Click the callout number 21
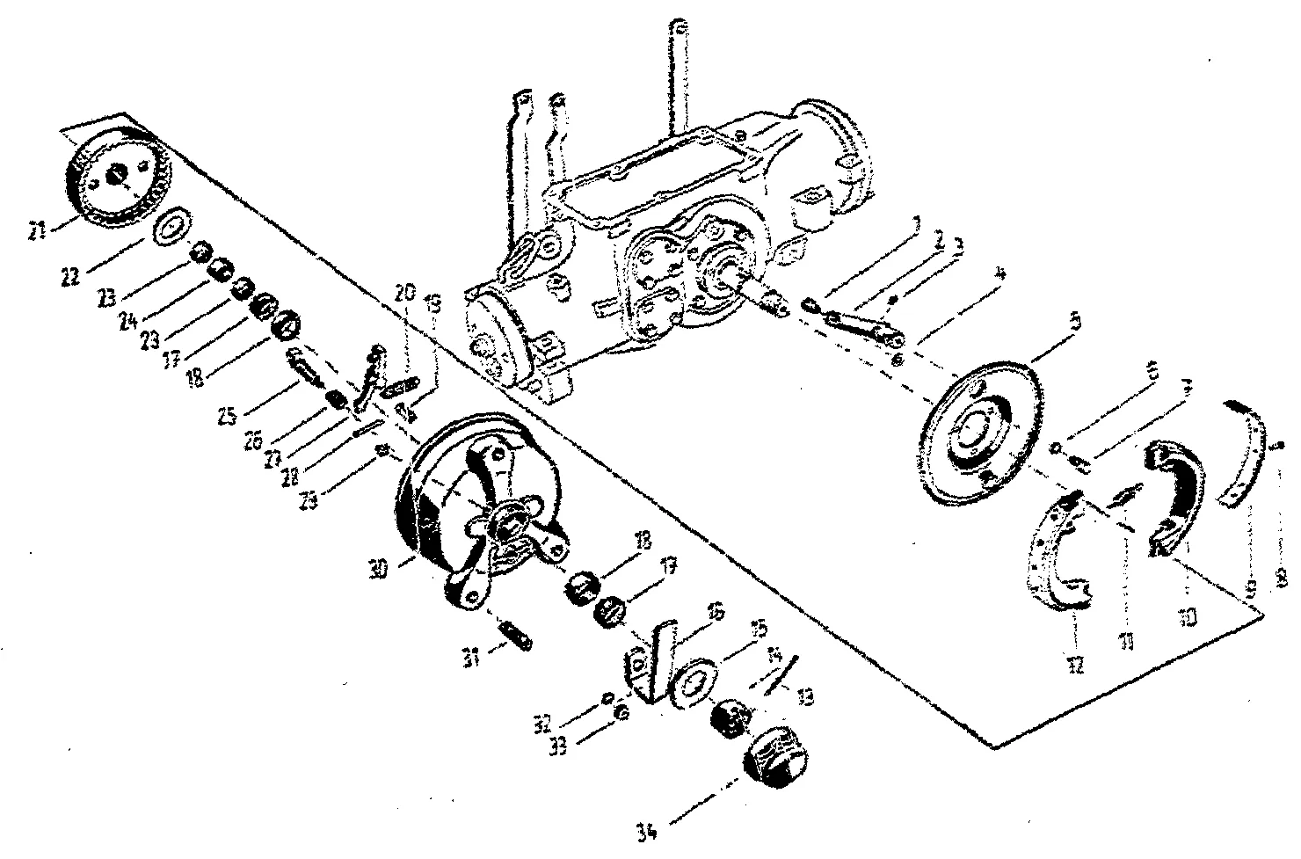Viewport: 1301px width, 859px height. click(x=36, y=232)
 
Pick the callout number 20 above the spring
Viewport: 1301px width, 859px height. click(x=403, y=293)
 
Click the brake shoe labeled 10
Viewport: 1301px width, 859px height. click(x=1172, y=492)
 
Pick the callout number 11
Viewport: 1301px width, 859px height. click(x=1127, y=643)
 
